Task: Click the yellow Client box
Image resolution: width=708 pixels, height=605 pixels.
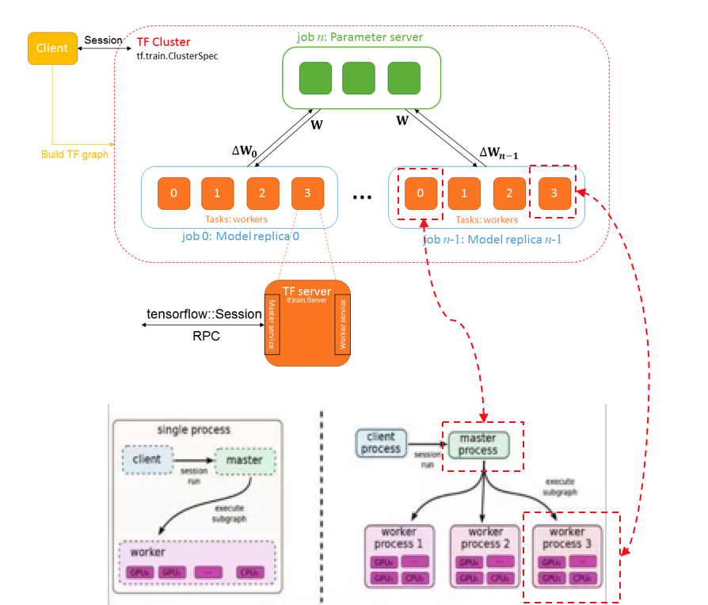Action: (52, 48)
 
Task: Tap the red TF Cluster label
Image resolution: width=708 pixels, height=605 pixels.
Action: (163, 42)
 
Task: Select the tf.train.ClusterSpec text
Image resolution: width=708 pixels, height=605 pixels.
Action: (177, 56)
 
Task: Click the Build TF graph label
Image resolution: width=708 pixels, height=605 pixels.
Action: (74, 154)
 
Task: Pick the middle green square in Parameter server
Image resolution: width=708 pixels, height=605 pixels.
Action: (358, 78)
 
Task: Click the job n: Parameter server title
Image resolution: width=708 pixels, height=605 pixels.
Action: (360, 37)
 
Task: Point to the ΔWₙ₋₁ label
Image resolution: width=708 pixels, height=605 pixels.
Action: (499, 153)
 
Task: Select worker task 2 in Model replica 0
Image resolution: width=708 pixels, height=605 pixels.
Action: (262, 193)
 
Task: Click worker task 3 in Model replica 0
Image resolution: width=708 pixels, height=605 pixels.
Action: (307, 193)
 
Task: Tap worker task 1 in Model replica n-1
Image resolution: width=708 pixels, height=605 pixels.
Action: (465, 193)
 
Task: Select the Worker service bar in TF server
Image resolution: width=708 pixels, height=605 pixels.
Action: (342, 325)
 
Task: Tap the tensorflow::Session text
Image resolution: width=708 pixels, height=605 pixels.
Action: (204, 314)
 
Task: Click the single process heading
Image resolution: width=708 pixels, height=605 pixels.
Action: (194, 430)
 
